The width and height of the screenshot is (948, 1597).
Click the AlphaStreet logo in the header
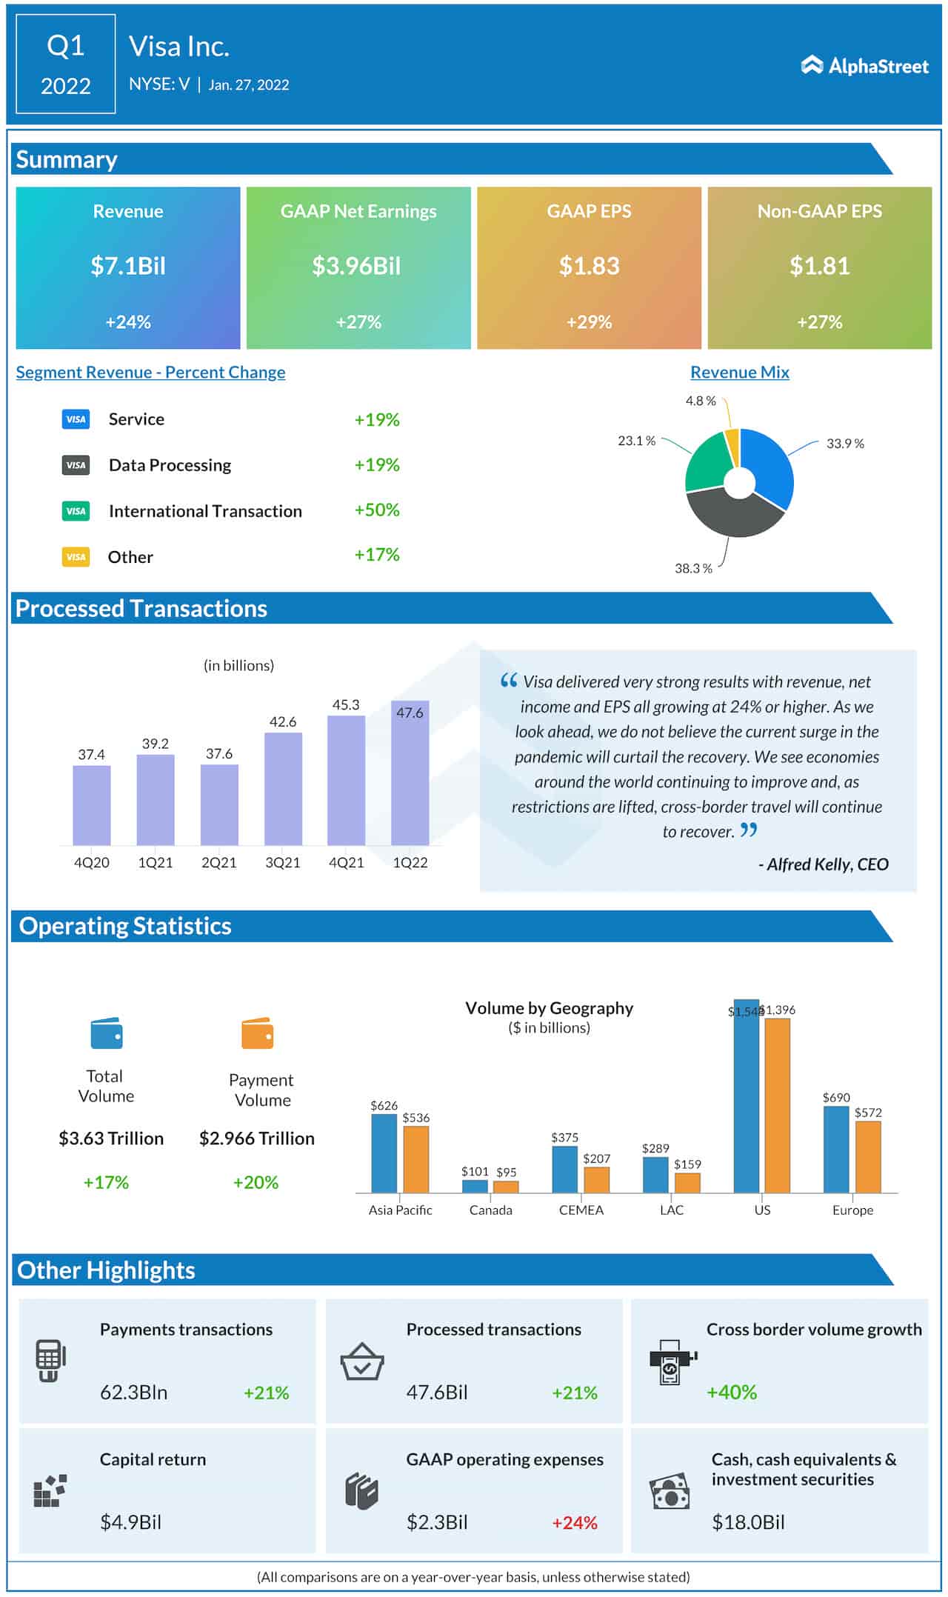[x=864, y=66]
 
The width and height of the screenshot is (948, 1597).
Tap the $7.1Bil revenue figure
[x=128, y=266]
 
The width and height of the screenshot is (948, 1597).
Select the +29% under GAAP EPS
[x=589, y=322]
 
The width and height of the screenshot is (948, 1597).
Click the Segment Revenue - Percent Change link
[x=150, y=373]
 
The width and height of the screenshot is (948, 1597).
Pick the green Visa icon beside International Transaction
[x=76, y=511]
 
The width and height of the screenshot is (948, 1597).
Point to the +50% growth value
[x=376, y=510]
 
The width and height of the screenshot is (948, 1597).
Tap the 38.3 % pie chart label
[x=692, y=568]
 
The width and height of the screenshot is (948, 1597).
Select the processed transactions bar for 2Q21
[x=219, y=804]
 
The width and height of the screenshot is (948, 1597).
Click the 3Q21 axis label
[x=283, y=862]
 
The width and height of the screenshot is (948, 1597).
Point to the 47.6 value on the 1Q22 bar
[x=410, y=713]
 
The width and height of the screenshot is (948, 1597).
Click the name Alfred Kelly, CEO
[x=823, y=864]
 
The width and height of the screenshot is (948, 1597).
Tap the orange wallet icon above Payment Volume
[x=258, y=1033]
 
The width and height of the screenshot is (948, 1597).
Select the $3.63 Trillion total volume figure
[x=111, y=1138]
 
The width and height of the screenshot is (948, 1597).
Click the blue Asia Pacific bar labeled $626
[x=384, y=1153]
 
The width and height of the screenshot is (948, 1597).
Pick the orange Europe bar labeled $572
[x=868, y=1156]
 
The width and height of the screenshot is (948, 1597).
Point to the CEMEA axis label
[x=581, y=1210]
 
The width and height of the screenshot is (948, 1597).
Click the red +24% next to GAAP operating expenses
[x=574, y=1523]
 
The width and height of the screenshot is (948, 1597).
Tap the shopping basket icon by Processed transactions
[x=361, y=1361]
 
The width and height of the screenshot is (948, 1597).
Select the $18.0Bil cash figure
[x=748, y=1522]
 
